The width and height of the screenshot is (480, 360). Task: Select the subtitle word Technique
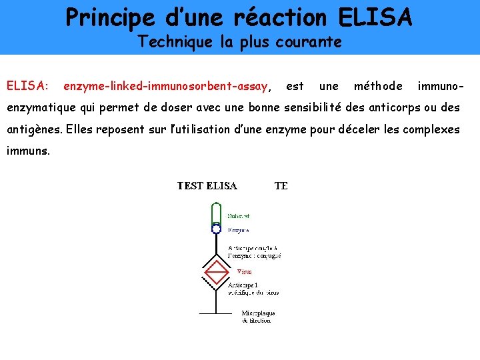click(x=175, y=42)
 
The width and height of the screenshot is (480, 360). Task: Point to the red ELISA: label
click(x=27, y=86)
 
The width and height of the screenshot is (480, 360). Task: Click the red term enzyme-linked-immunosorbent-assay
click(x=166, y=86)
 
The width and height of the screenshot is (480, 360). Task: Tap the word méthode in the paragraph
click(x=378, y=86)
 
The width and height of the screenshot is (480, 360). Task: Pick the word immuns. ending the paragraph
click(x=27, y=151)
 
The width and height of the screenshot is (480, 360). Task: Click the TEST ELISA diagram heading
click(x=207, y=186)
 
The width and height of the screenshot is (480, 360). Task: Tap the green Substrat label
click(x=239, y=216)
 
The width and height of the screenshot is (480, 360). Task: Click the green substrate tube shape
click(x=216, y=213)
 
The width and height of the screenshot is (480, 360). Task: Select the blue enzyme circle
click(x=216, y=229)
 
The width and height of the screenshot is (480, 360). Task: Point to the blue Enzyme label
click(x=239, y=230)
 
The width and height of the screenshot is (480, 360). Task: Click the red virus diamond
click(x=216, y=272)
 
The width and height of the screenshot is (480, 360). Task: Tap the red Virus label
click(x=245, y=271)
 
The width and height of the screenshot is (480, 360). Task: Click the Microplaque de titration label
click(x=259, y=317)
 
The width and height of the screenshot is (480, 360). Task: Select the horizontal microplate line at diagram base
click(x=216, y=313)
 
